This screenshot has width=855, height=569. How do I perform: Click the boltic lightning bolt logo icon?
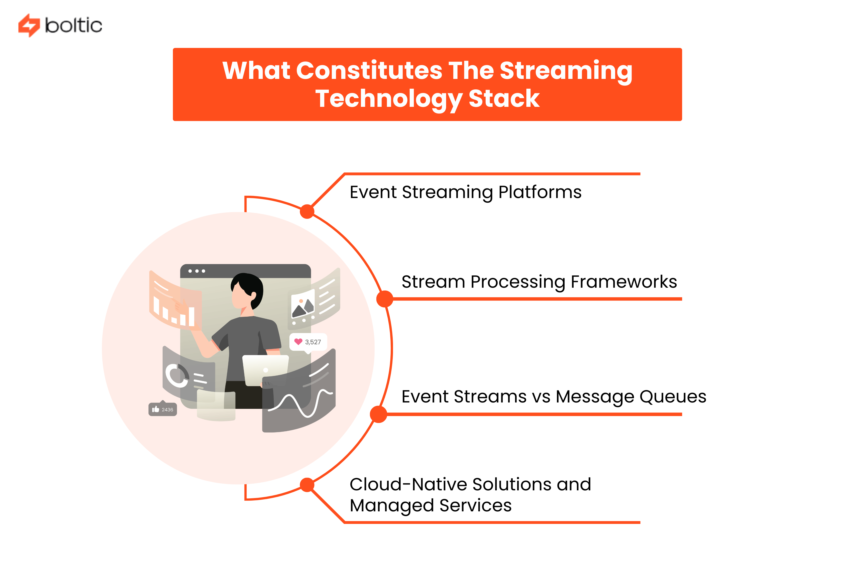tap(29, 25)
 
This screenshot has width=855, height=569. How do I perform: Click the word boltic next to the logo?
tap(73, 25)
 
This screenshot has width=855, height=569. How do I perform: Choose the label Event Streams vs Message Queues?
tap(553, 396)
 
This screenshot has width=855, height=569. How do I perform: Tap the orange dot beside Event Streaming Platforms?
tap(307, 212)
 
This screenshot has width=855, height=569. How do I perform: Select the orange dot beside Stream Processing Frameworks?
tap(385, 299)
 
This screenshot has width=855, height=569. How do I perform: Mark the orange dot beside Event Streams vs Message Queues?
tap(378, 414)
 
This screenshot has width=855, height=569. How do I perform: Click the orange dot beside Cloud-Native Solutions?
tap(307, 484)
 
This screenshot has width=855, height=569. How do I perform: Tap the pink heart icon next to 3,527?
tap(298, 342)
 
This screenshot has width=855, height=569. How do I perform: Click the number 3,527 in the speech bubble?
tap(313, 342)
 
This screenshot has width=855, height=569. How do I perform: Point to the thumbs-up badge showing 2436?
tap(162, 409)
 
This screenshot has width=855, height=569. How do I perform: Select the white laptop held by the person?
tap(265, 369)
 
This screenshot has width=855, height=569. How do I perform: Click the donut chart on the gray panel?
tap(176, 375)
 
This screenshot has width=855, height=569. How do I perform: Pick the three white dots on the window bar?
tap(196, 271)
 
